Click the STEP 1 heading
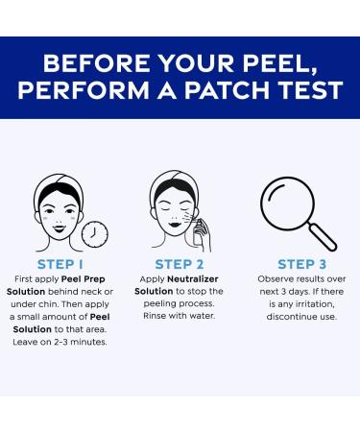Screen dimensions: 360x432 point(60,264)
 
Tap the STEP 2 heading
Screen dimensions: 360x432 point(180,264)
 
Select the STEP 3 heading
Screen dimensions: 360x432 point(301,264)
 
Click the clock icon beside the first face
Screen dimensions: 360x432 point(95,234)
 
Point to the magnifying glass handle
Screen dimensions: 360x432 point(323,237)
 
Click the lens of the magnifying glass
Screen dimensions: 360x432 point(287,203)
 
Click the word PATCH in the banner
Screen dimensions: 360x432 point(227,90)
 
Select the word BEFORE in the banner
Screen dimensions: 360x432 point(96,62)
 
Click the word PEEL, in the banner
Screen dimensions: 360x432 point(279,64)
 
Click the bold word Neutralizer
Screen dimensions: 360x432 point(193,279)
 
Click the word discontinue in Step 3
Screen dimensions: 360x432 point(290,317)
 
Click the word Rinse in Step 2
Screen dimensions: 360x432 point(155,316)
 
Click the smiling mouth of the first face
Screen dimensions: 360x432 point(60,228)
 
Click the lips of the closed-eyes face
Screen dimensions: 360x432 point(175,224)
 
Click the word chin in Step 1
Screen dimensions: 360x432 point(49,304)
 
